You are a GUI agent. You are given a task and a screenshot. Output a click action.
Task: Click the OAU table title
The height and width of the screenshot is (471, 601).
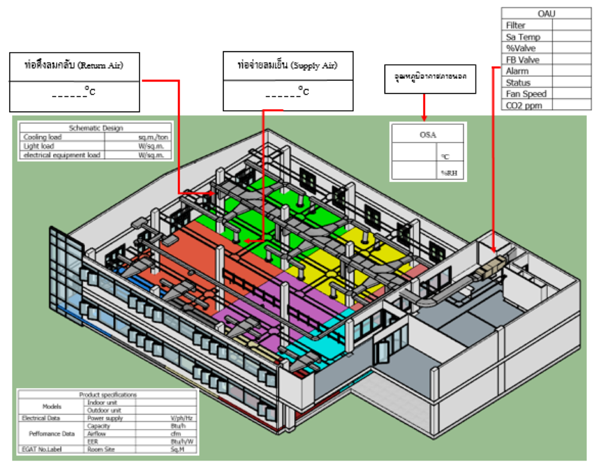coord(546,14)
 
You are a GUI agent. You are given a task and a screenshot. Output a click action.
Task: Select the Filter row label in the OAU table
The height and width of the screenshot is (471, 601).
coord(516,25)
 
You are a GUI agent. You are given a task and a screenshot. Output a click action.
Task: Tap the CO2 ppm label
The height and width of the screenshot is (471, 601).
coord(524,106)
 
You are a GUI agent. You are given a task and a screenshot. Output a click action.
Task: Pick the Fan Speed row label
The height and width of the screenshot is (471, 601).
coord(526,94)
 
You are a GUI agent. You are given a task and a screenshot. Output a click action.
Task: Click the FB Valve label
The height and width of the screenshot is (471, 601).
coord(523,60)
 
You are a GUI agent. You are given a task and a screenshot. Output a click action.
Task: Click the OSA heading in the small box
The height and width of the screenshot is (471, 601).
coord(428,135)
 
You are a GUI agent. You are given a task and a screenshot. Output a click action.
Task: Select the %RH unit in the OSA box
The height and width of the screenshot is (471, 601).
coord(449,173)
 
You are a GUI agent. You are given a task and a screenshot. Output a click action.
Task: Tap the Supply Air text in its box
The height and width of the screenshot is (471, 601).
coord(314,65)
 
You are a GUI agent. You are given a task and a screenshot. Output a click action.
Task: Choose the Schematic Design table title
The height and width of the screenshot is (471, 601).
coord(96,128)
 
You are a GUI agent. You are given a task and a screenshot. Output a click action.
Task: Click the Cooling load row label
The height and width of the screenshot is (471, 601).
coord(43,137)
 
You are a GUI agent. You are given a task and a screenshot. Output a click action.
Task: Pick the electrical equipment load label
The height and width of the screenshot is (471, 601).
coord(62,155)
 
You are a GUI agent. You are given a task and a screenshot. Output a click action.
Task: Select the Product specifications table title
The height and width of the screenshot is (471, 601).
coord(108,395)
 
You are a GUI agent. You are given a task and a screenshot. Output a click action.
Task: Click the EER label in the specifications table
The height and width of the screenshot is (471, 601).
coord(92,441)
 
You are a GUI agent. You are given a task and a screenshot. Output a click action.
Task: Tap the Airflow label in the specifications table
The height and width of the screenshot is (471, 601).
coord(96,434)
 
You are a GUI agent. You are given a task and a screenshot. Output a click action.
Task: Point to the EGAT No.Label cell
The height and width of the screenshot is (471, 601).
coord(42,449)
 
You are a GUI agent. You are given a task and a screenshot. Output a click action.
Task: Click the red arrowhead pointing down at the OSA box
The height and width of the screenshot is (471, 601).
coord(424,118)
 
